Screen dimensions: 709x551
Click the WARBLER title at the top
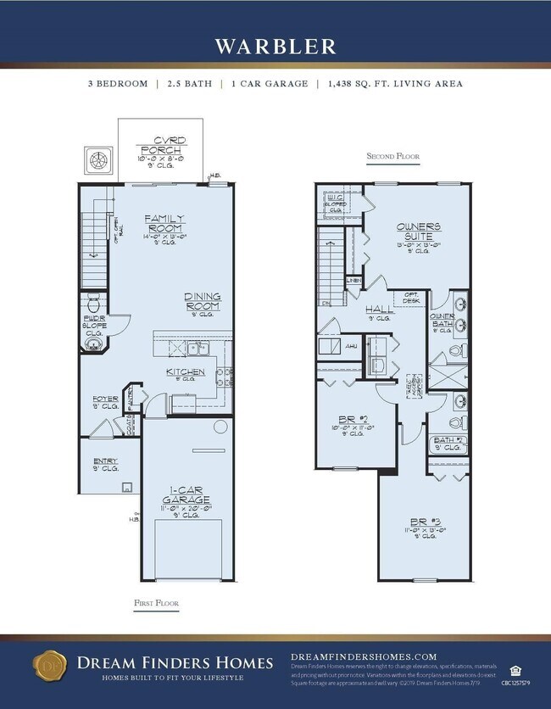click(275, 46)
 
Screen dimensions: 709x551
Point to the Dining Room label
click(203, 301)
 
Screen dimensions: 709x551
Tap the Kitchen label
click(185, 371)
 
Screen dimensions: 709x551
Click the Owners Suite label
click(418, 232)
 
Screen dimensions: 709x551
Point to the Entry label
click(105, 462)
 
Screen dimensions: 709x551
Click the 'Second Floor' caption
click(392, 157)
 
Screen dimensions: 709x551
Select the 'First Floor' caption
click(156, 602)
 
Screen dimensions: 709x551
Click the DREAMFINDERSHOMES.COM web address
click(364, 656)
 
